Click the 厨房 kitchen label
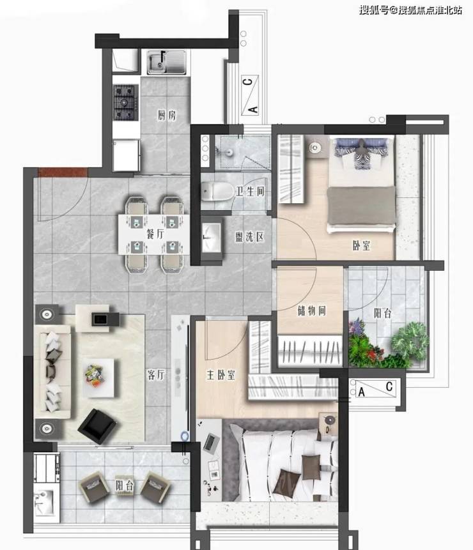tap(167, 115)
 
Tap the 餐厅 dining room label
tap(155, 234)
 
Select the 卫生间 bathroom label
tap(250, 192)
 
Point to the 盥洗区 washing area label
tap(249, 237)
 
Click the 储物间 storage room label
tap(311, 310)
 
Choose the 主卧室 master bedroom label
tap(221, 375)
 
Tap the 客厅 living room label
tap(156, 375)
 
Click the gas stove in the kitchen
tap(125, 102)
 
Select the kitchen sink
tap(166, 62)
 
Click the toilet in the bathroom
tap(217, 191)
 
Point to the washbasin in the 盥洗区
tap(212, 238)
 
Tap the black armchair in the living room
tap(97, 426)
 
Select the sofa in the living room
tap(52, 372)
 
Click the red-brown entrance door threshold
tap(63, 172)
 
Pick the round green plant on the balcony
tap(410, 341)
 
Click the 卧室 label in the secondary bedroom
tap(361, 245)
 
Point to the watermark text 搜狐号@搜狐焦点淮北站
tap(410, 10)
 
